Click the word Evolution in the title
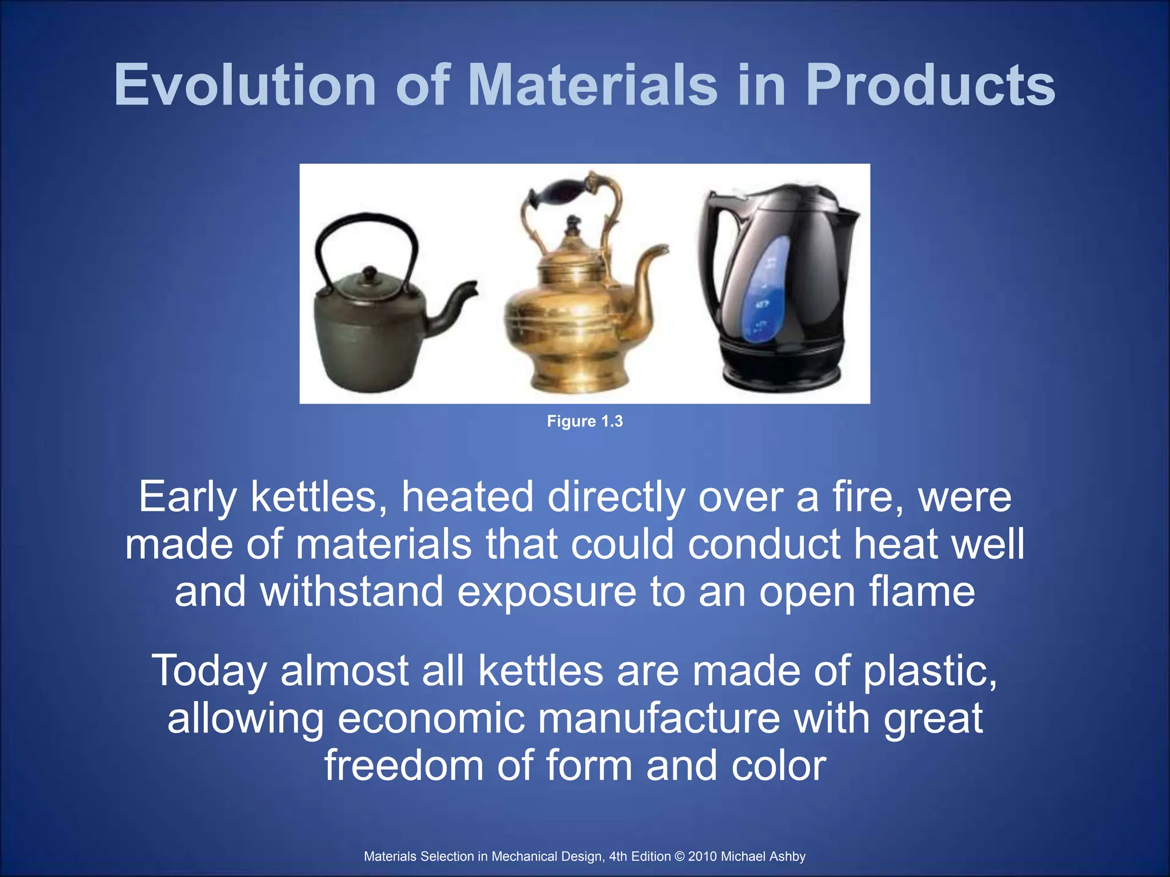pos(245,85)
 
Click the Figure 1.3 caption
pos(584,421)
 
